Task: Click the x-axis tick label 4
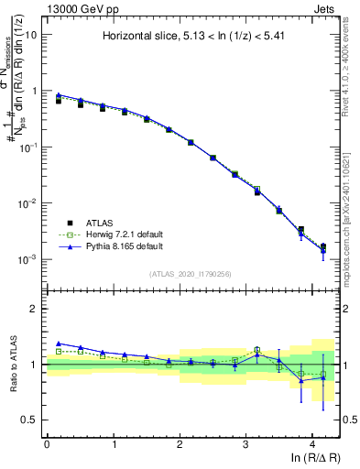(312, 443)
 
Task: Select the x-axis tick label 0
(47, 443)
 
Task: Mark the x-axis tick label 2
(180, 443)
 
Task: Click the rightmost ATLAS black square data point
(322, 246)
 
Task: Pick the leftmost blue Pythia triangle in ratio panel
(59, 343)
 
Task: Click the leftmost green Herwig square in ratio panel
(59, 351)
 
